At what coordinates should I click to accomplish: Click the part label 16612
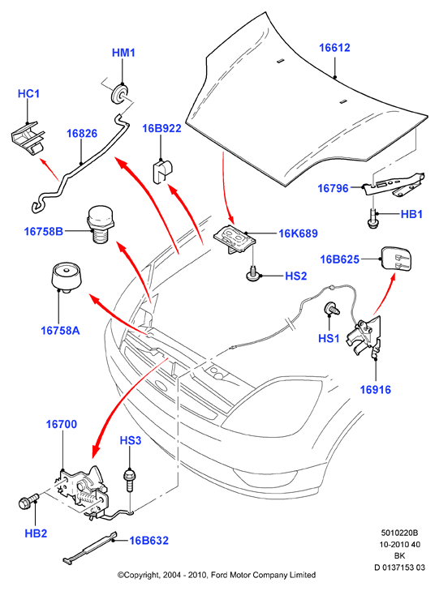pyautogui.click(x=334, y=48)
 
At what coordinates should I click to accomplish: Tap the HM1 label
pyautogui.click(x=123, y=53)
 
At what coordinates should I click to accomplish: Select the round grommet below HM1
pyautogui.click(x=119, y=94)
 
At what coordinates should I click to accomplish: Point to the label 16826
pyautogui.click(x=82, y=134)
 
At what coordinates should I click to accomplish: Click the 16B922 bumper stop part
pyautogui.click(x=162, y=172)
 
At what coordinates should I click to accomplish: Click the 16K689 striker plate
pyautogui.click(x=235, y=238)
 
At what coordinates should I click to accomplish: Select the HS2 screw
pyautogui.click(x=252, y=274)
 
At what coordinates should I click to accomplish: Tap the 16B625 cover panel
pyautogui.click(x=396, y=259)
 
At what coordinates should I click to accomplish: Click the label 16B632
pyautogui.click(x=149, y=541)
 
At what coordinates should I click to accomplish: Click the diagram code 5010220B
pyautogui.click(x=399, y=533)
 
